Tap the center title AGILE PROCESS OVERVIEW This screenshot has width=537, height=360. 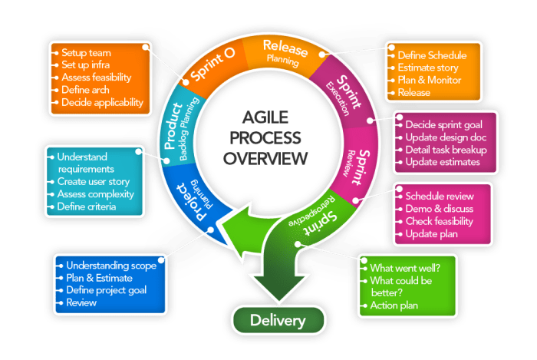(x=275, y=139)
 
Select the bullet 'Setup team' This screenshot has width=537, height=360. (x=86, y=53)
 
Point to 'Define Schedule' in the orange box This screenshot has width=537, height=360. (x=432, y=55)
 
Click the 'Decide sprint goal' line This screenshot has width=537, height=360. (x=445, y=124)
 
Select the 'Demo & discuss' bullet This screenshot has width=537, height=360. (x=440, y=208)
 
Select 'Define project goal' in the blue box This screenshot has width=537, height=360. (x=107, y=290)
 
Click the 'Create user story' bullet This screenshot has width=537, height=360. (x=94, y=182)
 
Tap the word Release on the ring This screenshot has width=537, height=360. (x=285, y=48)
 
